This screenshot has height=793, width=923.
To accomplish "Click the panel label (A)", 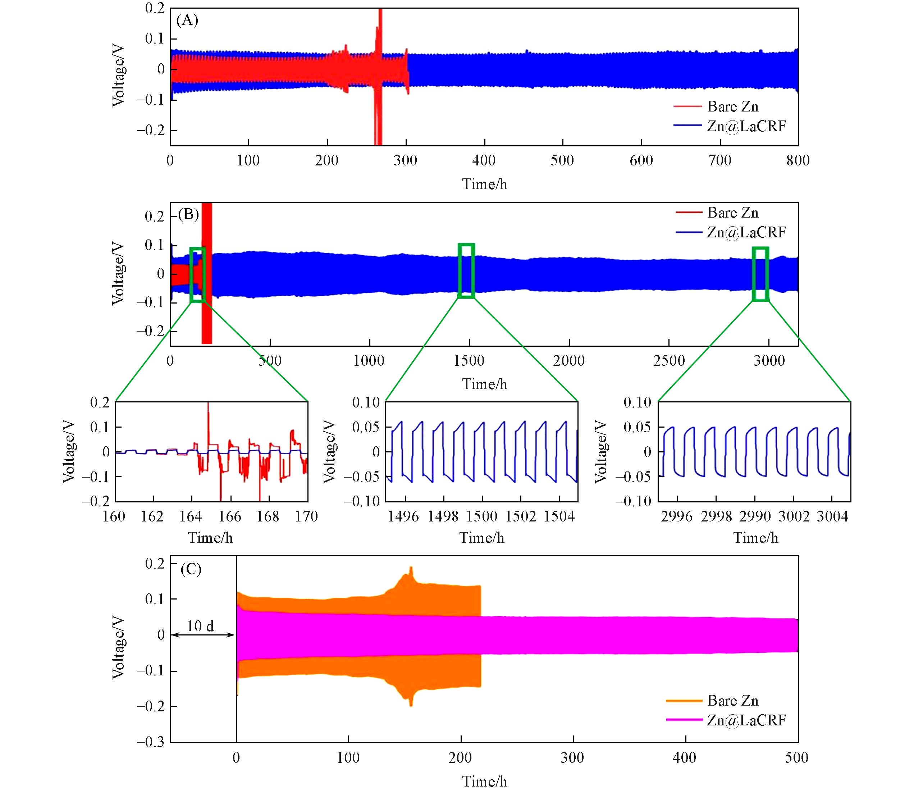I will click(x=187, y=20).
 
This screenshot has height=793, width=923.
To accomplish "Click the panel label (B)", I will click(x=188, y=215).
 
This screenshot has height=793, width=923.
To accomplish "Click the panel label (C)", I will click(x=191, y=569).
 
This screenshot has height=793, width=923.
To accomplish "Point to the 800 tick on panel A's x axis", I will click(x=798, y=160).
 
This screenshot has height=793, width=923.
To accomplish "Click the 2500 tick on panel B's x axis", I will click(x=669, y=360).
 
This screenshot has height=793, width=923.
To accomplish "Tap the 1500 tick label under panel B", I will click(x=469, y=360).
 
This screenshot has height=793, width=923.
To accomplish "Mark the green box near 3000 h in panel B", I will click(x=760, y=274).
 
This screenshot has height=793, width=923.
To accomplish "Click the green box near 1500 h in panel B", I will click(x=466, y=270).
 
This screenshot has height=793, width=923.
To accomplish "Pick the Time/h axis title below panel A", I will click(x=484, y=184).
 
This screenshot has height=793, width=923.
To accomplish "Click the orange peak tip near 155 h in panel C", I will click(x=411, y=568).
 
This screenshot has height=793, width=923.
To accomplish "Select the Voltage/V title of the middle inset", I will click(x=330, y=452).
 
